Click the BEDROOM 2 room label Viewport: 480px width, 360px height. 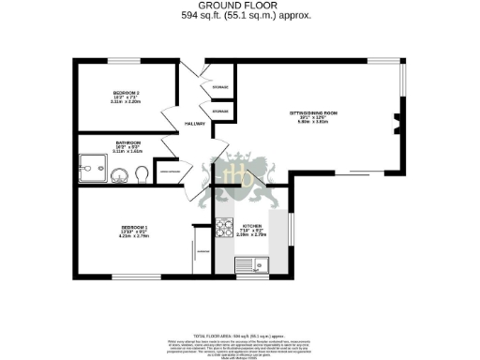[x=126, y=93]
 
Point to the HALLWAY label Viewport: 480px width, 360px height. [x=194, y=124]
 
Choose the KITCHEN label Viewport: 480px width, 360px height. [x=252, y=227]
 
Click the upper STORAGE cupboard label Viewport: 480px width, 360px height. [x=219, y=87]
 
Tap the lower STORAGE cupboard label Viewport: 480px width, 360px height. [x=219, y=112]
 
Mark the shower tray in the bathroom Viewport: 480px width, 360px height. [x=93, y=171]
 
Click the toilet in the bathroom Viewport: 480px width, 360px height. [x=140, y=173]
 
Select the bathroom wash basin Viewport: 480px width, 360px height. [x=119, y=175]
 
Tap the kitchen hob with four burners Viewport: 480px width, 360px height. [x=223, y=227]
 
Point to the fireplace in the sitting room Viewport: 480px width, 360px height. [x=397, y=120]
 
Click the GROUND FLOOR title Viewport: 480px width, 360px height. [x=239, y=6]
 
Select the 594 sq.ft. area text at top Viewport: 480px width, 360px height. [x=239, y=16]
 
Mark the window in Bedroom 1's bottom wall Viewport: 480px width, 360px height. [x=131, y=276]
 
